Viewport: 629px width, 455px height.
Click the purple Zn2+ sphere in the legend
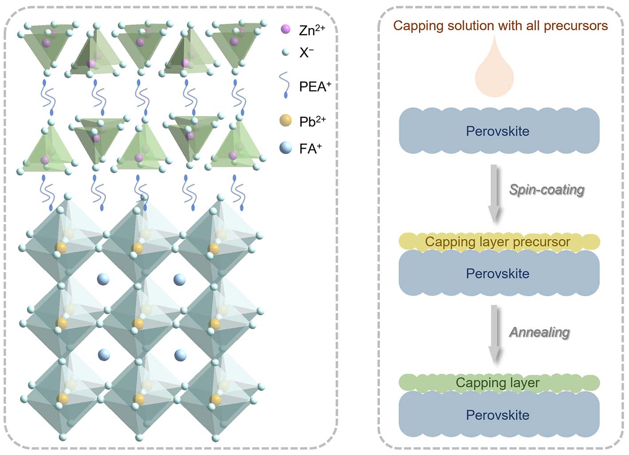coord(285,29)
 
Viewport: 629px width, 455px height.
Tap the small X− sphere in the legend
coord(285,52)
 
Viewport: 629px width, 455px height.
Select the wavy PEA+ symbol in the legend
coord(284,85)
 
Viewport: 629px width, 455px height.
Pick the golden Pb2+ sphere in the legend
coord(285,120)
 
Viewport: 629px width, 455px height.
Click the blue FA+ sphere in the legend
coord(285,148)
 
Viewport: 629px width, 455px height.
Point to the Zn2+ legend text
coord(312,30)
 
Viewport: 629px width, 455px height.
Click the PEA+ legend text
coord(315,86)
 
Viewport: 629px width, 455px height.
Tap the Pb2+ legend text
coord(313,121)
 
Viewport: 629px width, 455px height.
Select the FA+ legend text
coord(310,149)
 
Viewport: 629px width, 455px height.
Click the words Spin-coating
coord(546,190)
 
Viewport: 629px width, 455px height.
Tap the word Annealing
coord(539,332)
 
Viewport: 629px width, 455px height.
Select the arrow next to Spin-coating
coord(494,193)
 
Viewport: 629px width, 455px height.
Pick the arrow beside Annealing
coord(494,333)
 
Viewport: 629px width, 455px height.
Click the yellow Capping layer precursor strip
coord(499,242)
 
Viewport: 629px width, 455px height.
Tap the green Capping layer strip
coord(499,383)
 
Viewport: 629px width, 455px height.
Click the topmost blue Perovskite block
coord(499,131)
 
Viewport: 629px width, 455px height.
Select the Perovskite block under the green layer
coord(499,415)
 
